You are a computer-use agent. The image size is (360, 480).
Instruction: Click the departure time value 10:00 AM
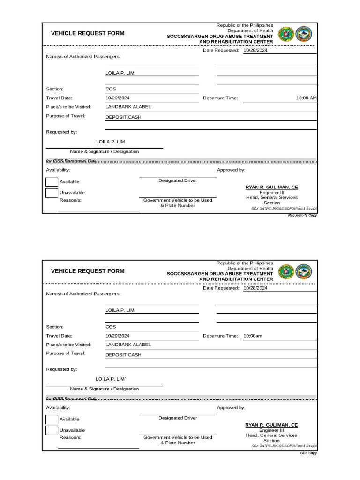pos(307,98)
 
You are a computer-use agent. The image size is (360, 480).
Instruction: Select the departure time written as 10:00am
pos(253,336)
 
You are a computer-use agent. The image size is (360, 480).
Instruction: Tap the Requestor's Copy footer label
pos(302,216)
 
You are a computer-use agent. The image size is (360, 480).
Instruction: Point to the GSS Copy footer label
pos(309,453)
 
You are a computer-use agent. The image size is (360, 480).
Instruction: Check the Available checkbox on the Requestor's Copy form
pos(52,181)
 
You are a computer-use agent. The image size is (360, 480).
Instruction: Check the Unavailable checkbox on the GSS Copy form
pos(52,430)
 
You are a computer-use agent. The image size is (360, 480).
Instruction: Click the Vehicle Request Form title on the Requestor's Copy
pos(88,34)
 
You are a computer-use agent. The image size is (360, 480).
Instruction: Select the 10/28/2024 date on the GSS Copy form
pos(255,288)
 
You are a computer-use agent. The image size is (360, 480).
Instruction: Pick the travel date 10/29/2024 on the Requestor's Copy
pos(118,98)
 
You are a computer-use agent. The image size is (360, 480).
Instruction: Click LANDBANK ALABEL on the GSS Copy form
pos(128,345)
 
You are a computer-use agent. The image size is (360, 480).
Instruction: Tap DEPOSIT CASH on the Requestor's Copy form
pos(123,117)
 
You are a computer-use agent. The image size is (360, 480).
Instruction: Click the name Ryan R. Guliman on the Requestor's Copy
pos(271,187)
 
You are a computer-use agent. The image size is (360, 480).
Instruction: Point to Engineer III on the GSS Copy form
pos(271,430)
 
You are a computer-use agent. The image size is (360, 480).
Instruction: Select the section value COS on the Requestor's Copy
pos(111,89)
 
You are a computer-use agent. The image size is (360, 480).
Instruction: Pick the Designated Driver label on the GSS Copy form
pos(178,418)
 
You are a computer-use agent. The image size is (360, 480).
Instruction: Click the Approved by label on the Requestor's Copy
pos(231,170)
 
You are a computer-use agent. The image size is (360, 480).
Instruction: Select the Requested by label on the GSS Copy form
pos(61,369)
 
